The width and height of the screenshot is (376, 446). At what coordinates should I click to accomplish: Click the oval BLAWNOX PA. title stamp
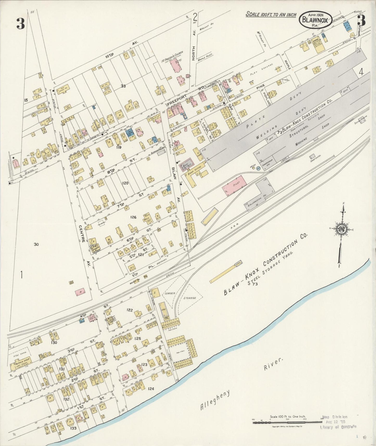pos(316,19)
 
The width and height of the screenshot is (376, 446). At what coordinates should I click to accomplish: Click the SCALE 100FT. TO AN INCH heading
pos(271,14)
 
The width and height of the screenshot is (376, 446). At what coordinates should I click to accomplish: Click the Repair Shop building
pos(21,364)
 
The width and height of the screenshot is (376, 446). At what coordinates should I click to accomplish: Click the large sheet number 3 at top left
pos(20,24)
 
